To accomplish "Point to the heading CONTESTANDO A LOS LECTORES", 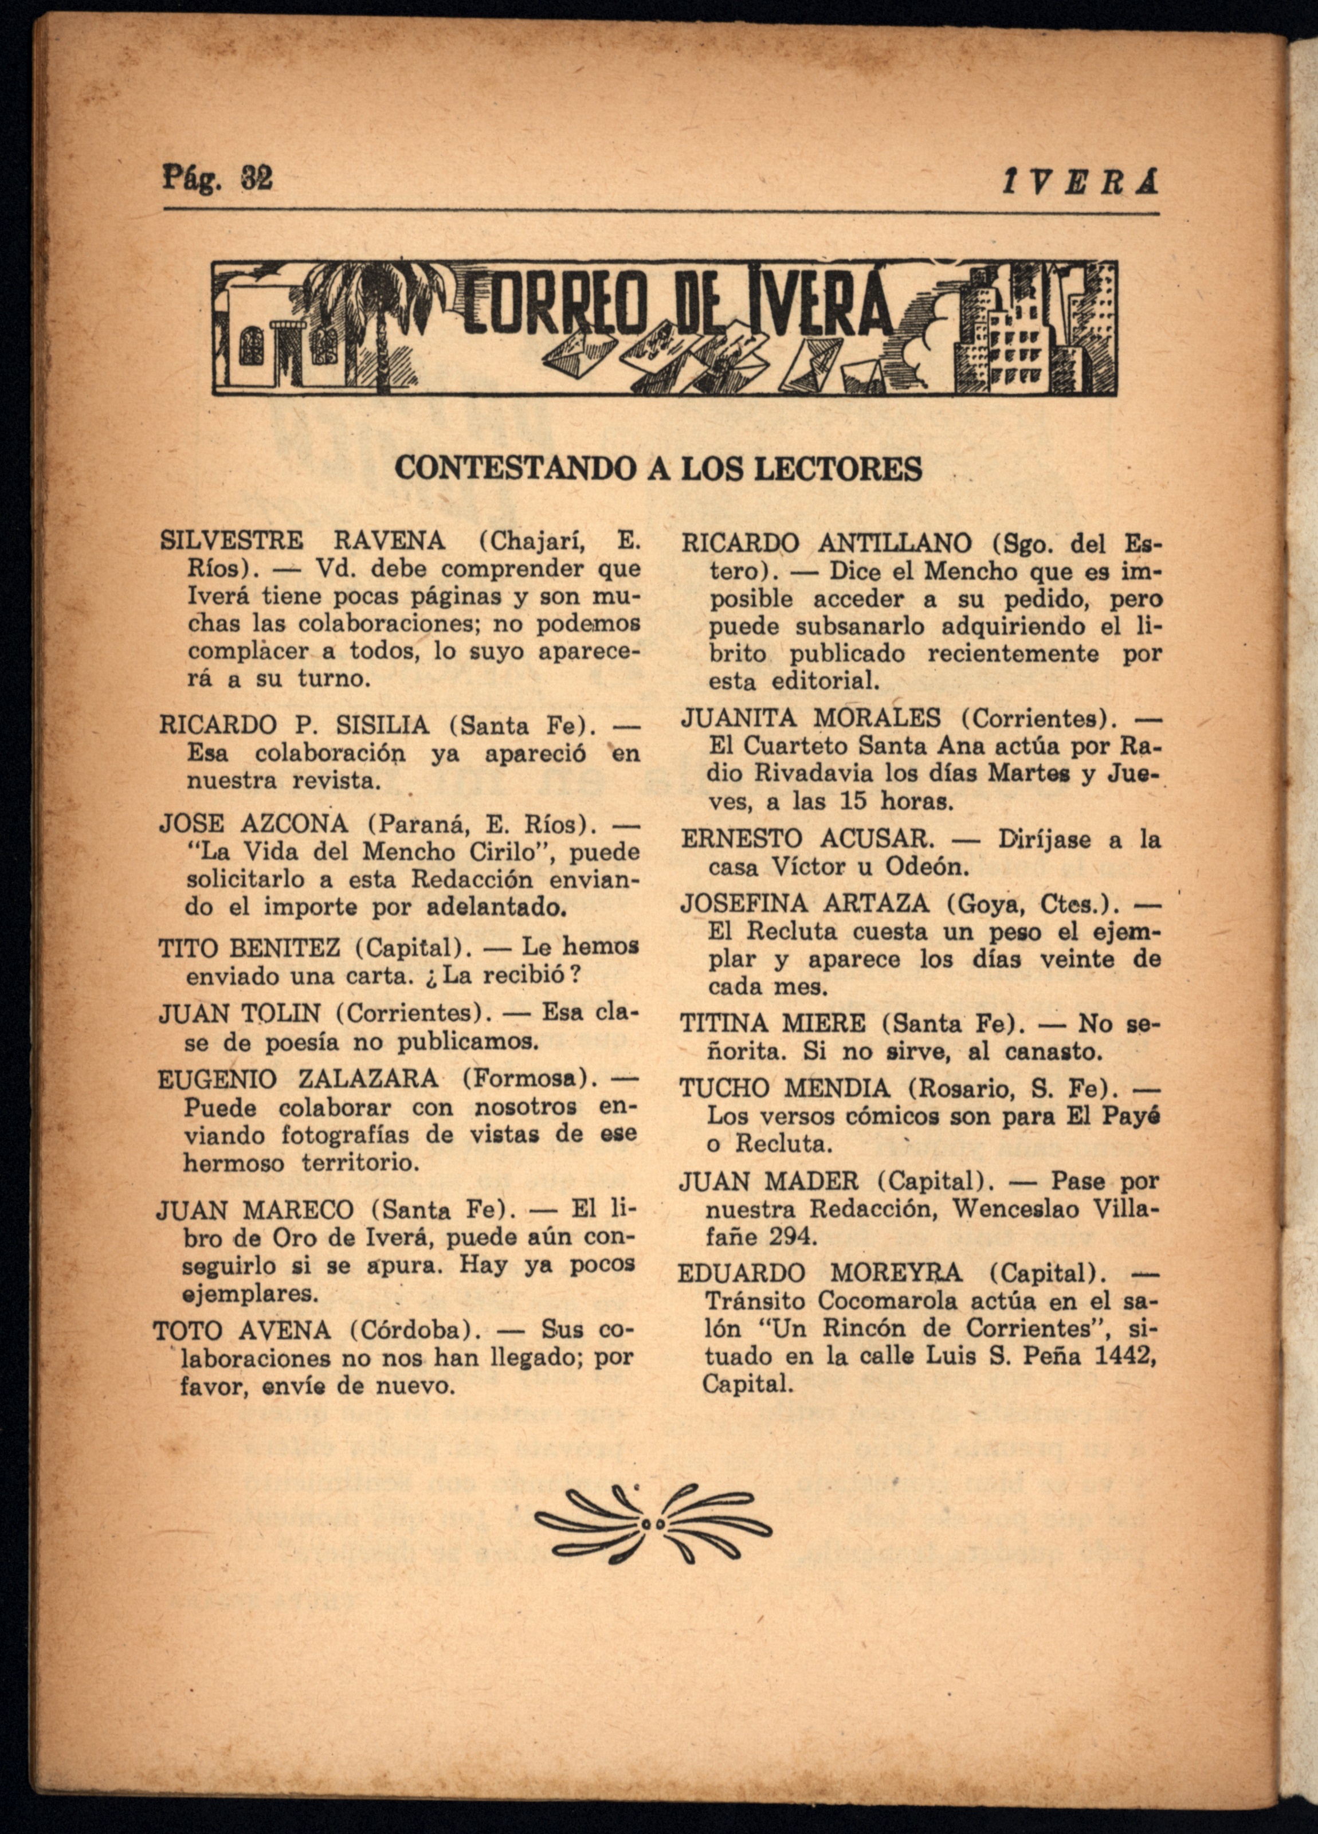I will [x=658, y=469].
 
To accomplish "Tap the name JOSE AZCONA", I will [x=253, y=824].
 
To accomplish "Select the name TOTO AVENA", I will [x=242, y=1331].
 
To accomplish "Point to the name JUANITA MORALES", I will [x=811, y=717].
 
